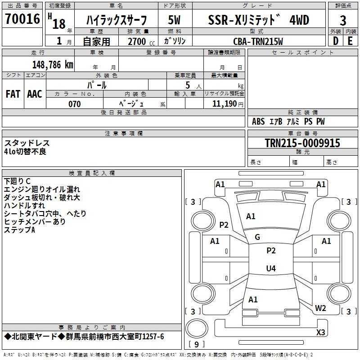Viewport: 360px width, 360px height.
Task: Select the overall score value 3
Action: click(x=343, y=21)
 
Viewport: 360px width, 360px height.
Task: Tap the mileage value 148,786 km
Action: click(x=53, y=64)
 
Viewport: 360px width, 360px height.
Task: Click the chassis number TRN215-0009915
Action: click(x=302, y=143)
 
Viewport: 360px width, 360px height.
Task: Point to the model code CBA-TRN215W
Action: click(x=258, y=41)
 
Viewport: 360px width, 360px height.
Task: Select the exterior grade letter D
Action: click(x=335, y=41)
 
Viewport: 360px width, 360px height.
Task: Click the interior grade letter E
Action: click(x=351, y=41)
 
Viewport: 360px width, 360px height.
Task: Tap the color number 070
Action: click(x=75, y=104)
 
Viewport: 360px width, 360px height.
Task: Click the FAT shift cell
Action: click(x=13, y=94)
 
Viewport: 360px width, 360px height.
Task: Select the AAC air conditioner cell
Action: click(x=35, y=94)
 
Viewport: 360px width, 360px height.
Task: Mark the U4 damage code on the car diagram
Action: click(x=271, y=269)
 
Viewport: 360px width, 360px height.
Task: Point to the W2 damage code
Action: click(x=320, y=308)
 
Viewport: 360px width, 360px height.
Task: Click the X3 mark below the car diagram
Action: click(x=320, y=333)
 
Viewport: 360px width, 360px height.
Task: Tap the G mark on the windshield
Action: click(x=257, y=237)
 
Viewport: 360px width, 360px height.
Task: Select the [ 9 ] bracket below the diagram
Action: click(x=196, y=345)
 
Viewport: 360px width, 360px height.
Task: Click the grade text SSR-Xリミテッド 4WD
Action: click(x=259, y=20)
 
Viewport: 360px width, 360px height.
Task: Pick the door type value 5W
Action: click(x=175, y=20)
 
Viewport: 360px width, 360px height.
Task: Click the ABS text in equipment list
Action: click(x=258, y=121)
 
